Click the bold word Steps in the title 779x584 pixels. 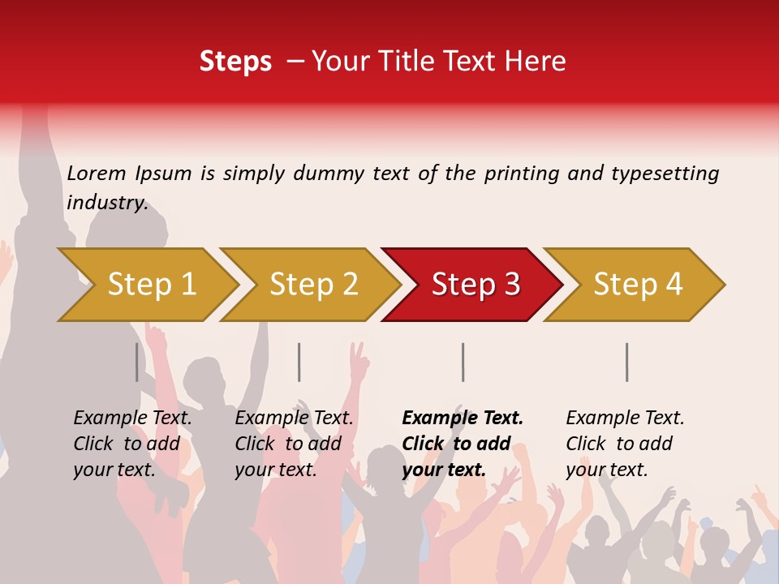pos(235,62)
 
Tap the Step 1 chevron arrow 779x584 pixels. pos(151,285)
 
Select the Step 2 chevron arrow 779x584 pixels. pos(313,285)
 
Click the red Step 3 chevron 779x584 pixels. pos(475,285)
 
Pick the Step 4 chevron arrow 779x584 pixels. pos(637,285)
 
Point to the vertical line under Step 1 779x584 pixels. pos(136,362)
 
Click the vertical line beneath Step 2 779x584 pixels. pos(299,362)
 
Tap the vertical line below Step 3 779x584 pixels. pos(463,362)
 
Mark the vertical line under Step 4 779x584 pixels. pos(626,362)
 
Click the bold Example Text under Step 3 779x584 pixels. pos(463,419)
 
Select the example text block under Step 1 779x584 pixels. pos(132,444)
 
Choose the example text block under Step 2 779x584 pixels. pos(294,444)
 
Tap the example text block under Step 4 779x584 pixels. pos(625,444)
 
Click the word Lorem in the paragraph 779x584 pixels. pos(97,173)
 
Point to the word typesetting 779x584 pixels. pos(665,174)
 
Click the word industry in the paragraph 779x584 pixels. pos(107,203)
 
